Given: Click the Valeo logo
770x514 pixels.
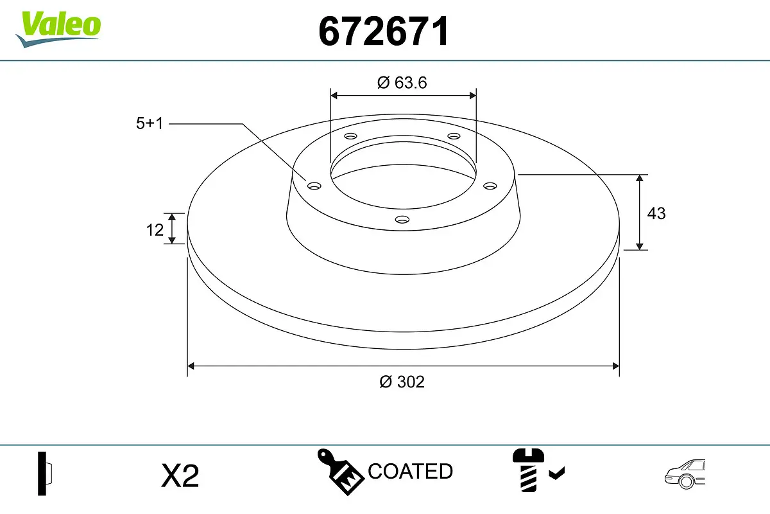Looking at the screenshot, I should click(58, 28).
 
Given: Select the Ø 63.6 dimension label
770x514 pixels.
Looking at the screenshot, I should click(402, 82).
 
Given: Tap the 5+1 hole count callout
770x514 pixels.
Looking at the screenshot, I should click(150, 124).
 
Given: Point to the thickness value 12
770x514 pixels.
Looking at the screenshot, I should click(155, 229).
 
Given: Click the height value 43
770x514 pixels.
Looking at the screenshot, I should click(656, 213).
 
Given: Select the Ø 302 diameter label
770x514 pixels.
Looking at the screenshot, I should click(402, 382).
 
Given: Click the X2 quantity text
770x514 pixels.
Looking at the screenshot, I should click(180, 476).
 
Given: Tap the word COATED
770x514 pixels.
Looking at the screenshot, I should click(410, 472).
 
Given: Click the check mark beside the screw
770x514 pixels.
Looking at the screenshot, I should click(557, 474).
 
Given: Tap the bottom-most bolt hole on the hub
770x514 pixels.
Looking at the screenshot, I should click(402, 219).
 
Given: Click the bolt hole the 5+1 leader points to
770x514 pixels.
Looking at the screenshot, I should click(314, 186).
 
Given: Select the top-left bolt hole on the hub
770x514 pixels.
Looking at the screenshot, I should click(350, 136).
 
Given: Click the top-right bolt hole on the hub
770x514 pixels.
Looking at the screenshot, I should click(454, 136).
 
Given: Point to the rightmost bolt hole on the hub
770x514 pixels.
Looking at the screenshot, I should click(490, 186).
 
